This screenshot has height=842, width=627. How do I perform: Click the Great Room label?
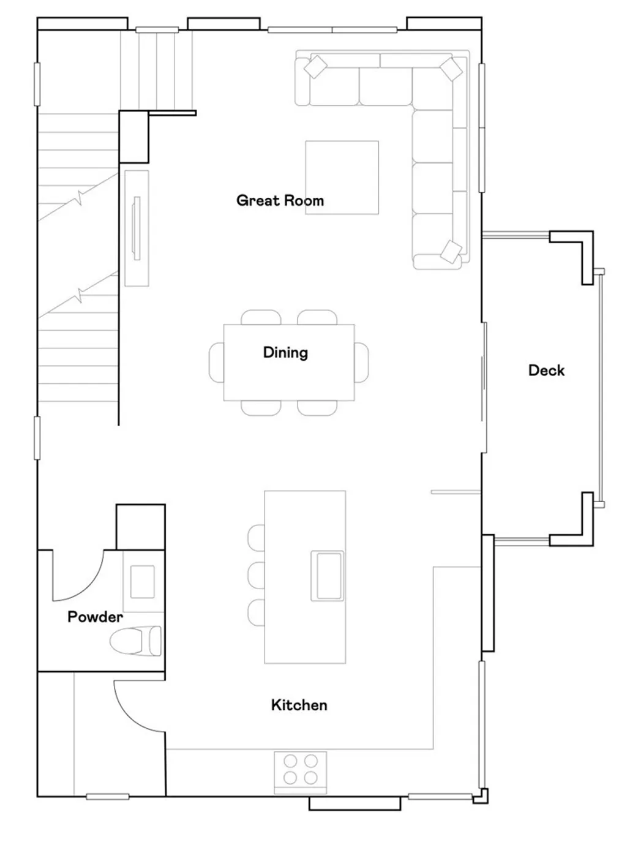(280, 200)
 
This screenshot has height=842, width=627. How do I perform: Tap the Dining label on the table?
(285, 353)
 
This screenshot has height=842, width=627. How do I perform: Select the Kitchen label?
(299, 705)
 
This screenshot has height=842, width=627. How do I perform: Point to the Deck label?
(546, 370)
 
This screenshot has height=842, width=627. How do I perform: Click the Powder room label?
(95, 617)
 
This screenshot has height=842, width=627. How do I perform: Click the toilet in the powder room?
(136, 641)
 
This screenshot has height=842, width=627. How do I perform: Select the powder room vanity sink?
(143, 582)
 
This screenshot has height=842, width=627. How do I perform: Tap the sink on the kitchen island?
(327, 576)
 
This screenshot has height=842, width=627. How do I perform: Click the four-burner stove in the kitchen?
(301, 769)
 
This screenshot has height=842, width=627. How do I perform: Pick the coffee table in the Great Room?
(342, 178)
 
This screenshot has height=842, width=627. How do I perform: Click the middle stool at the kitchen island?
(257, 575)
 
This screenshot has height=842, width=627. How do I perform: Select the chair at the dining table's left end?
(217, 362)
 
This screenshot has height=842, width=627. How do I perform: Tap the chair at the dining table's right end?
(362, 362)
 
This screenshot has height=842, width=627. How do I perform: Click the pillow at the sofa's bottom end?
(451, 251)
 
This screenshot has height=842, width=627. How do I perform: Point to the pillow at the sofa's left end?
(317, 67)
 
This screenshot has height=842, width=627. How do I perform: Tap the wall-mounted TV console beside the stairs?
(137, 228)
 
